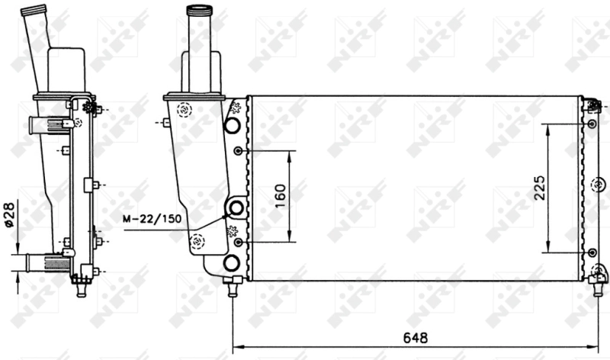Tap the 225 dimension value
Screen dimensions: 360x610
click(539, 187)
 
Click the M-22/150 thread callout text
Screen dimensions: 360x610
click(152, 219)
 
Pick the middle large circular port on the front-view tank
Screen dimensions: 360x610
click(236, 207)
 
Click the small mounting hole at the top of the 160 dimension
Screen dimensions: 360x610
click(239, 151)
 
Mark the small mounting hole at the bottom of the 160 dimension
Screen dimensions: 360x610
click(239, 241)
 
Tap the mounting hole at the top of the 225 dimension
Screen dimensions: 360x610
click(592, 124)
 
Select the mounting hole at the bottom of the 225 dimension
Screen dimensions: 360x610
click(592, 252)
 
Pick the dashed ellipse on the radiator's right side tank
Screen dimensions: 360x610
click(598, 183)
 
